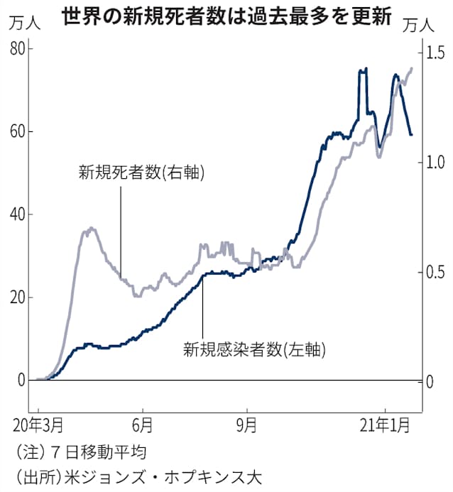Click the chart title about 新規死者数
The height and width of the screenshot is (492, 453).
point(226,16)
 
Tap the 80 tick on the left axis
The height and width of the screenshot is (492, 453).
point(17,48)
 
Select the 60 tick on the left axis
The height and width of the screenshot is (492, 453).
point(17,131)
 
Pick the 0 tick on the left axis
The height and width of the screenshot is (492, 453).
point(22,380)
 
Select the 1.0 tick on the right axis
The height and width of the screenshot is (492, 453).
point(435,163)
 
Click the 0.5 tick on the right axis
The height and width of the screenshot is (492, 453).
point(435,273)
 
